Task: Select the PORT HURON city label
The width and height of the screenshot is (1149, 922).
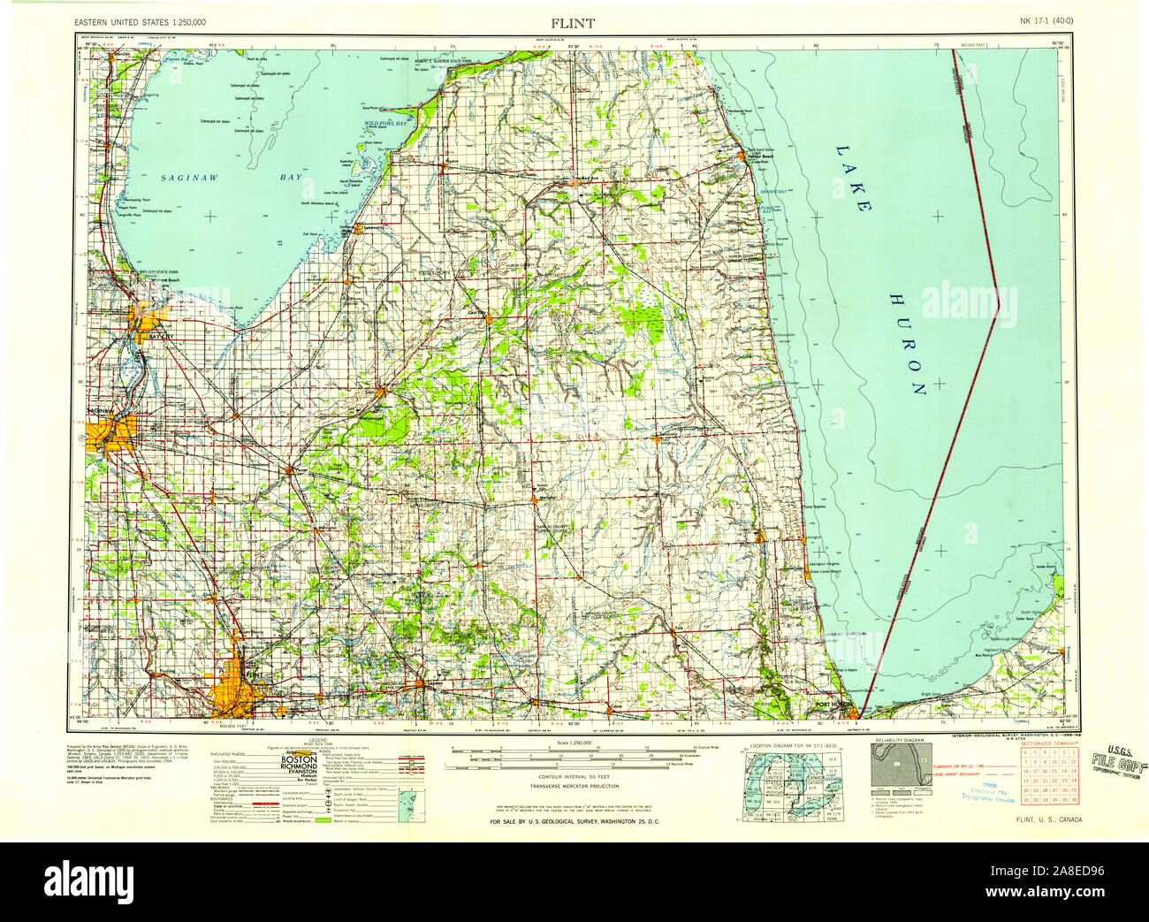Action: click(x=833, y=704)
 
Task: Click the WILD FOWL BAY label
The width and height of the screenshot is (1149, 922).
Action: click(x=385, y=125)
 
